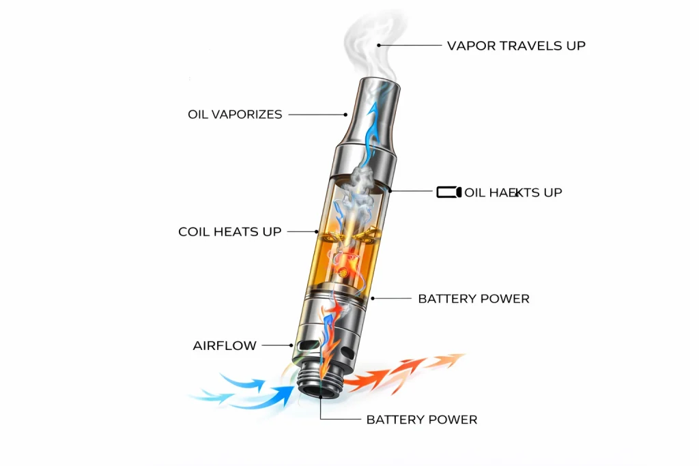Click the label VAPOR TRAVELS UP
tap(516, 46)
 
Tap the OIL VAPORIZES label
tap(235, 115)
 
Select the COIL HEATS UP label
tap(229, 232)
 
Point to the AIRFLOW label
tap(225, 346)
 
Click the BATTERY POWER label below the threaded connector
tap(422, 420)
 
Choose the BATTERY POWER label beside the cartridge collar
tap(474, 299)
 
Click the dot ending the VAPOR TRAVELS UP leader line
tap(379, 46)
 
